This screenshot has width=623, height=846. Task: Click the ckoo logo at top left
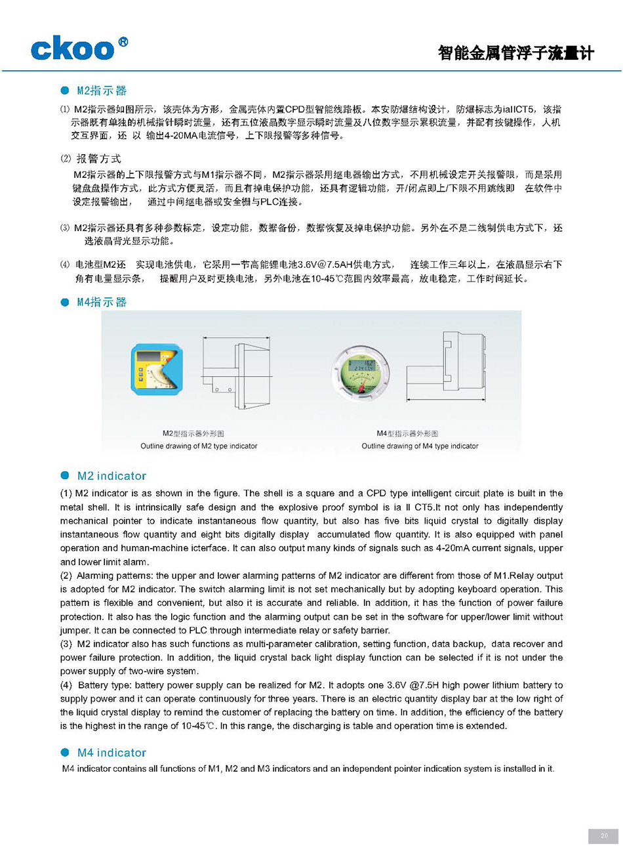(72, 49)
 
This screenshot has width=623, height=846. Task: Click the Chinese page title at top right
(515, 53)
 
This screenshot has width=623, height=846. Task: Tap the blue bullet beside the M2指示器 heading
(64, 91)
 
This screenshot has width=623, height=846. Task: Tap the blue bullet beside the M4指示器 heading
(64, 303)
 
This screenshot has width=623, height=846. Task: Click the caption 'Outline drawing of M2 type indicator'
(199, 446)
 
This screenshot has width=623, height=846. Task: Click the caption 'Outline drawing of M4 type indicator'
(420, 446)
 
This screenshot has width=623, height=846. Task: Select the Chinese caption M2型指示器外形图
(193, 434)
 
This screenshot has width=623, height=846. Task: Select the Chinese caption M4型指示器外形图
(407, 434)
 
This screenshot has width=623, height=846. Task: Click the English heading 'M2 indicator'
(111, 476)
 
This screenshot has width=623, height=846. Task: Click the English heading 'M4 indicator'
(111, 753)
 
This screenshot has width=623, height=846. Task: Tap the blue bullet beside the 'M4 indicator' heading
(64, 753)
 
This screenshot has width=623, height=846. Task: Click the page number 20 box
(604, 835)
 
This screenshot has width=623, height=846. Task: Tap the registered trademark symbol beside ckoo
(123, 42)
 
